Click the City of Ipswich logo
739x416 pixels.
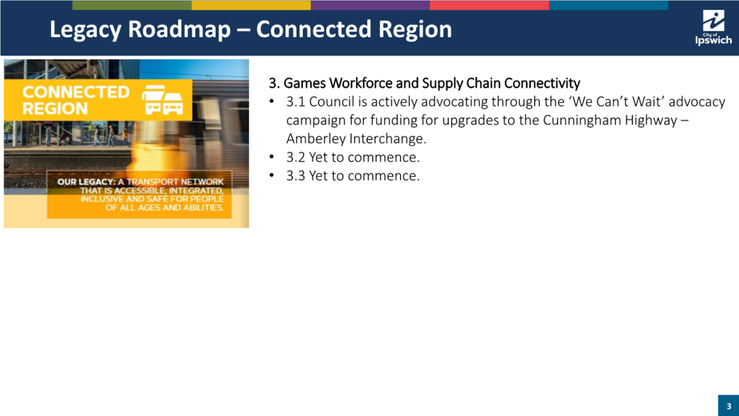point(713,28)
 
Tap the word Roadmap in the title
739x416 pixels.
point(179,29)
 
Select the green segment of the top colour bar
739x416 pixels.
point(132,5)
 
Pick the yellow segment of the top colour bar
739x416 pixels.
point(251,5)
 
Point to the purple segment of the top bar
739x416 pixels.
point(370,5)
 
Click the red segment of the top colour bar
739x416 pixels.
point(489,5)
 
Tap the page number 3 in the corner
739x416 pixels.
point(729,406)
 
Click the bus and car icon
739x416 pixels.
point(163,100)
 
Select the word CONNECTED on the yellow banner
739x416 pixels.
point(76,92)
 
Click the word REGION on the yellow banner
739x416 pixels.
point(55,108)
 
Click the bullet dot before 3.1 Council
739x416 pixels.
point(271,101)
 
